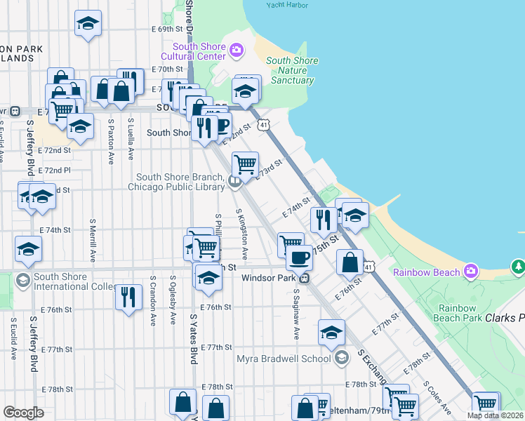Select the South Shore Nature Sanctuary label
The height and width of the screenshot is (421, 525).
pyautogui.click(x=292, y=70)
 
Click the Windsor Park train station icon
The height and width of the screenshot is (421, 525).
pyautogui.click(x=304, y=278)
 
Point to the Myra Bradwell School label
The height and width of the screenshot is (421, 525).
pyautogui.click(x=283, y=359)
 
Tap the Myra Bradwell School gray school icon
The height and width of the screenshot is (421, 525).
pyautogui.click(x=341, y=359)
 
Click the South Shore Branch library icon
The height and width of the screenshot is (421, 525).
pyautogui.click(x=234, y=182)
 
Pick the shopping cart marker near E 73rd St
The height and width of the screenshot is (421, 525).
pyautogui.click(x=245, y=164)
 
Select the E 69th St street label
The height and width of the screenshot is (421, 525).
pyautogui.click(x=166, y=29)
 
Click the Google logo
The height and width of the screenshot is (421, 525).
pyautogui.click(x=23, y=412)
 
